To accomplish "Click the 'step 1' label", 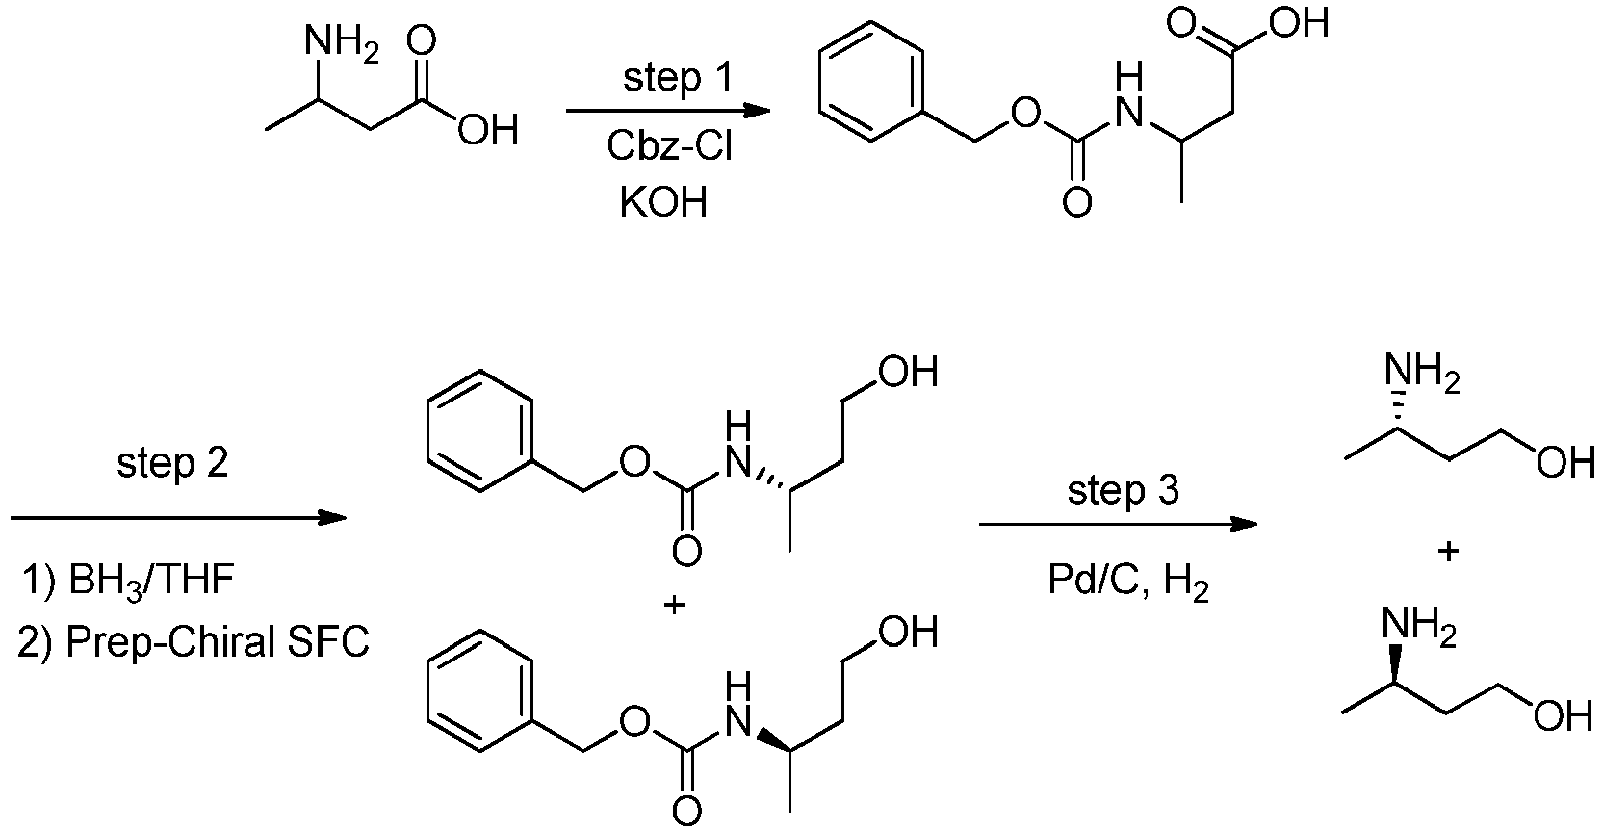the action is [678, 77].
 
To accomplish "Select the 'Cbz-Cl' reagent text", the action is [669, 146].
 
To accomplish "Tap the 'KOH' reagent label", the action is [663, 202].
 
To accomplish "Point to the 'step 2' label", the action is [172, 463].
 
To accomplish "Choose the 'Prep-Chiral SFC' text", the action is [218, 641].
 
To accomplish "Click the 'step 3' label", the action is [1123, 491].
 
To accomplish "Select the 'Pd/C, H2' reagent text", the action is [1128, 581].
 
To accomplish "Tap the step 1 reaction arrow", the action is [668, 111].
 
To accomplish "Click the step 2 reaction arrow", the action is [178, 517].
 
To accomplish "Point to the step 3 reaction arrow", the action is [1118, 525].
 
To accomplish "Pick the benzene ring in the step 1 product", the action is [871, 81].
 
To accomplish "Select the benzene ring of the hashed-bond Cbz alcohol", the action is [480, 430].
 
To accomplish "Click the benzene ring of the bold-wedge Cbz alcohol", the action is [480, 690].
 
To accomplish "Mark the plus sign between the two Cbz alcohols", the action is [674, 606].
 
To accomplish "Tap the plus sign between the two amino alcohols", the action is [1448, 551].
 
